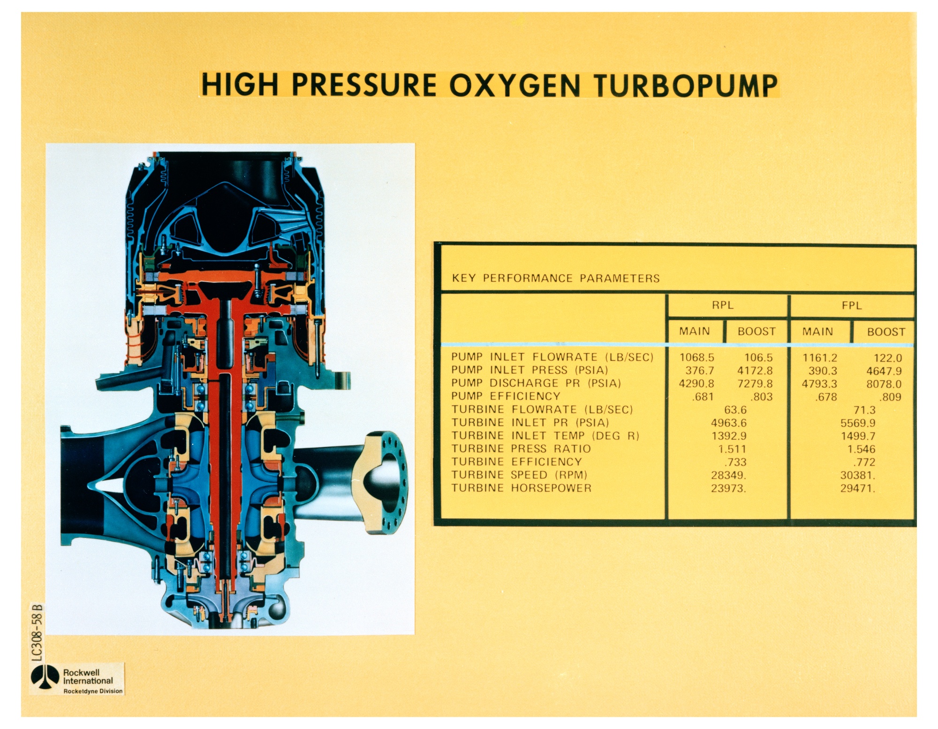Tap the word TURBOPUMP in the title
pos(686,85)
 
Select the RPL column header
pos(722,305)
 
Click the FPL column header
pos(852,306)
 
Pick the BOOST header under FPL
pos(886,332)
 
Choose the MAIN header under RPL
pos(695,331)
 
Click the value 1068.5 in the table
pos(696,358)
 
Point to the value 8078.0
pos(884,384)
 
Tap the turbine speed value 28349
pos(728,475)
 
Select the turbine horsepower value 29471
pos(857,489)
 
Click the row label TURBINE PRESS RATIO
pos(521,449)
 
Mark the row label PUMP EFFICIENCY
pos(506,396)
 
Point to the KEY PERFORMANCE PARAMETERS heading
pos(556,278)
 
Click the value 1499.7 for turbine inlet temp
pos(857,436)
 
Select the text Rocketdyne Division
pos(93,691)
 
